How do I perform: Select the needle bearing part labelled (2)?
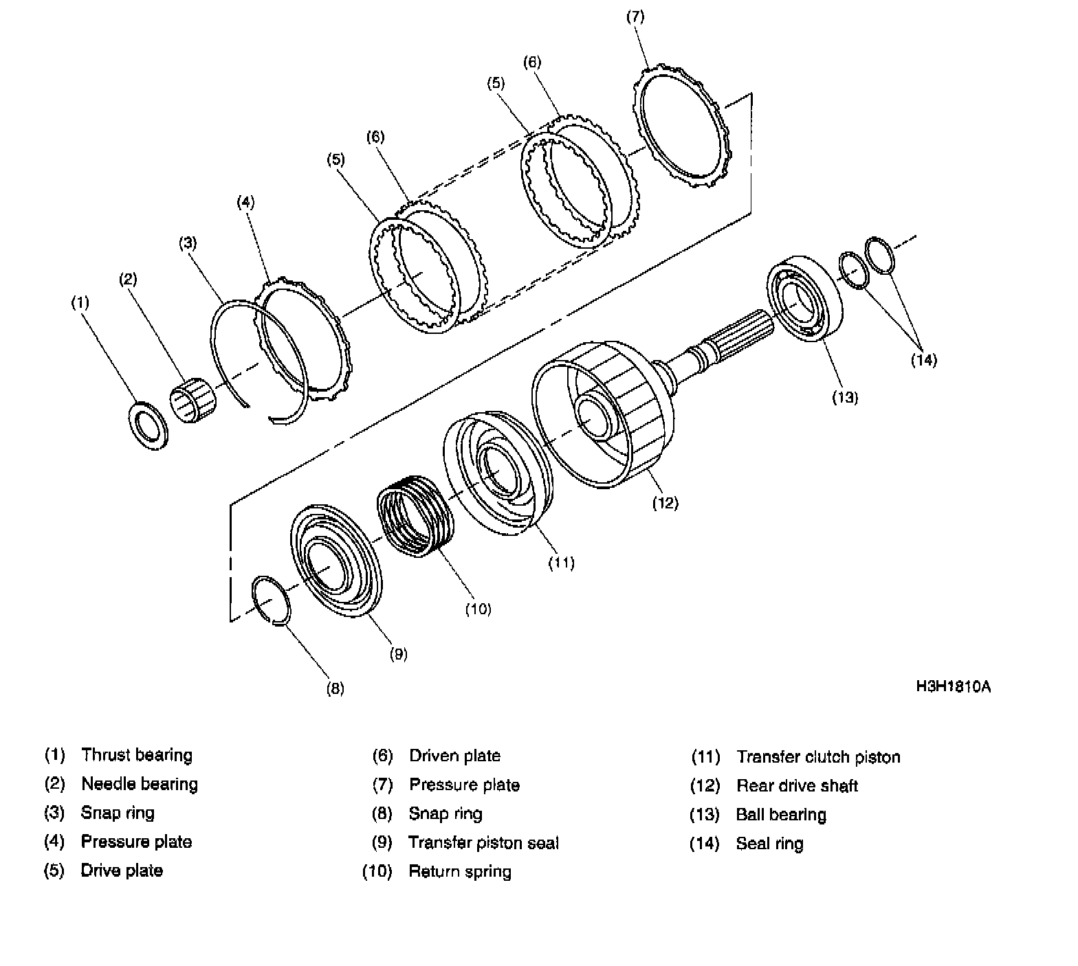(x=192, y=400)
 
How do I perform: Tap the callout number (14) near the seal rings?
(x=924, y=359)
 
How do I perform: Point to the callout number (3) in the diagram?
(x=188, y=243)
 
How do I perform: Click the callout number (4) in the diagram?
(x=245, y=202)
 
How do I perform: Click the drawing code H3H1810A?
(x=953, y=686)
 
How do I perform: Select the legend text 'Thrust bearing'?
(x=137, y=755)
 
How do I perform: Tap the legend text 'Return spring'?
(x=460, y=872)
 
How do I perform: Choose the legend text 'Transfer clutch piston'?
(x=818, y=757)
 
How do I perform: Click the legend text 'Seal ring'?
(x=769, y=844)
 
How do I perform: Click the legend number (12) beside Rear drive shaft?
(x=705, y=786)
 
